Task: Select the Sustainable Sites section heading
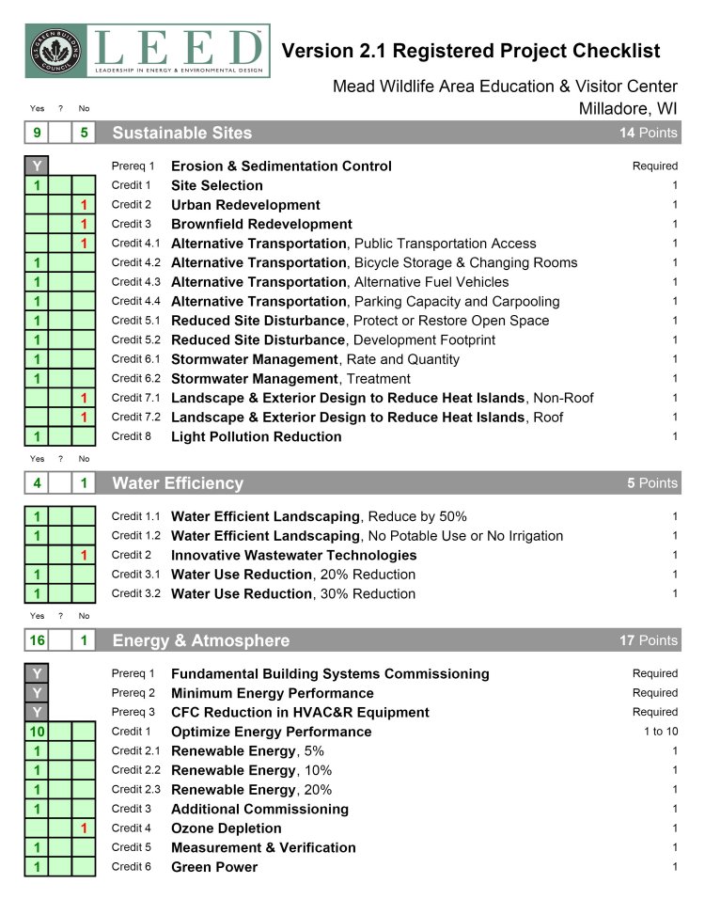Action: [182, 133]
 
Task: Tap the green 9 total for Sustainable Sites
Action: [37, 133]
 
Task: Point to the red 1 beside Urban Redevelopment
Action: [84, 205]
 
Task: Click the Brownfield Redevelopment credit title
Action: [261, 224]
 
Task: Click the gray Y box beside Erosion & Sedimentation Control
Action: [37, 166]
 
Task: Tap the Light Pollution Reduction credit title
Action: [256, 436]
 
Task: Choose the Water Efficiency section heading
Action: [178, 483]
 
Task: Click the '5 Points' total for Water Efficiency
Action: [651, 483]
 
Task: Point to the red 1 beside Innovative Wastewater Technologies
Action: [84, 556]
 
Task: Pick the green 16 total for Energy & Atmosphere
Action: [37, 640]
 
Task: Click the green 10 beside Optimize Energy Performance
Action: [37, 732]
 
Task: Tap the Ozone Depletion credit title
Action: [226, 828]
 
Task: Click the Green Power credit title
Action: [213, 867]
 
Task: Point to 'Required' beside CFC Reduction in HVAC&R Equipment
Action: [654, 712]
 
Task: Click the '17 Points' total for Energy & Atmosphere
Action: [648, 640]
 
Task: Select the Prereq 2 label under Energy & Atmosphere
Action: [133, 693]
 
